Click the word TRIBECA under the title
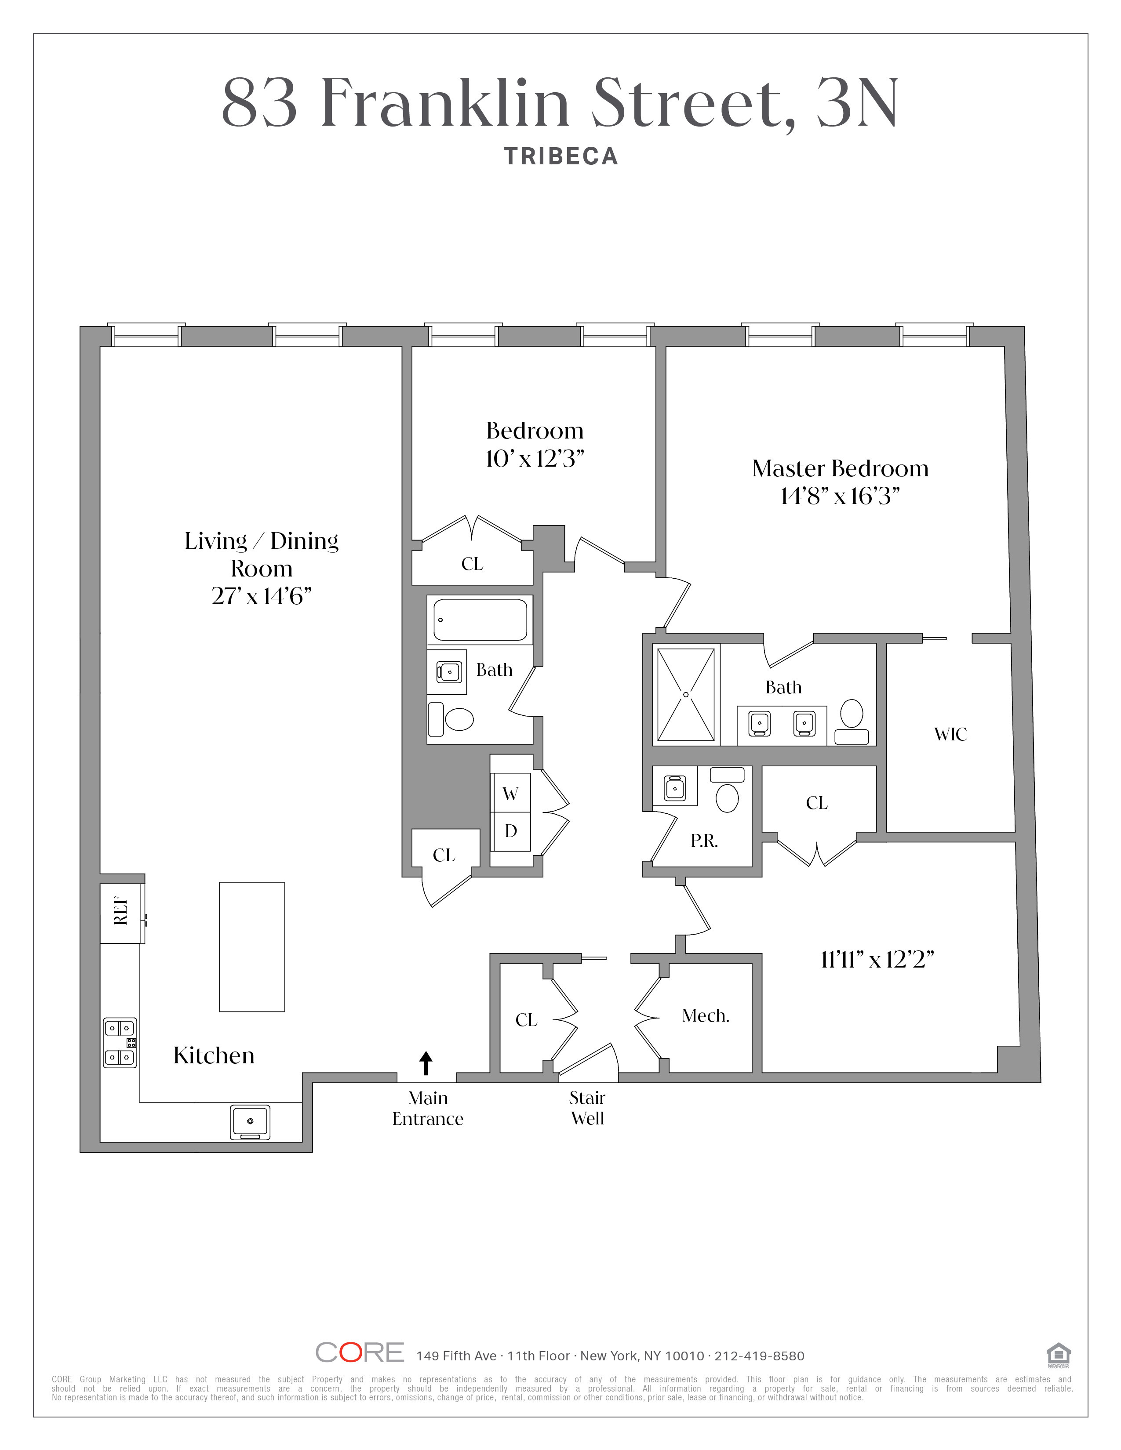pos(560,157)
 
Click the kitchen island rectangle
pos(252,947)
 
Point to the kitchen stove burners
pos(120,1042)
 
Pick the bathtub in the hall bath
pos(480,620)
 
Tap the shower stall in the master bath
pos(686,694)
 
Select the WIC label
pos(950,734)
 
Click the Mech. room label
pos(705,1015)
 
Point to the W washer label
pos(510,794)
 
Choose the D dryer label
pos(511,830)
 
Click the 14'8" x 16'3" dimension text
pos(840,496)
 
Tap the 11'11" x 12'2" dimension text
pos(877,959)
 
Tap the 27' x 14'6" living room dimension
pos(262,596)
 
